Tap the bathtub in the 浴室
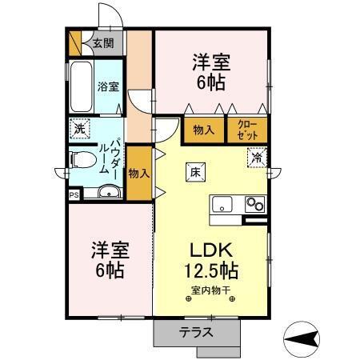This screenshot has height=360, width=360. coord(81,87)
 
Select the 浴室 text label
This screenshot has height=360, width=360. coord(108,86)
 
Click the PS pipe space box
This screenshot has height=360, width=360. coord(74,194)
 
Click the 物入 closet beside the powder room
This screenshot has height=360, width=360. coord(138,172)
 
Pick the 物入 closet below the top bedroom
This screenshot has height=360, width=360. coord(203,129)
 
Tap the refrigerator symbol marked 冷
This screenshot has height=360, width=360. coord(256,158)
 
